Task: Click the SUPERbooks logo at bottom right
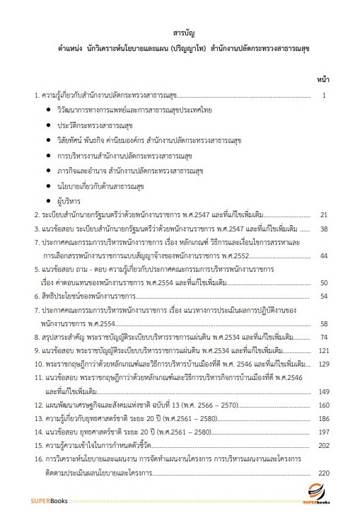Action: tap(318, 496)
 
